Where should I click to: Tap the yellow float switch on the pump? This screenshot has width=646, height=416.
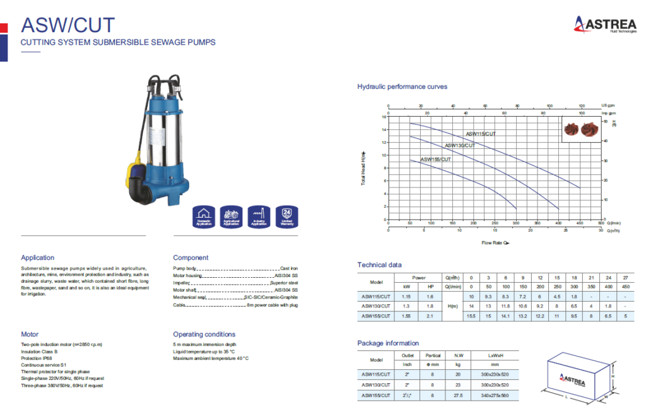coord(135,170)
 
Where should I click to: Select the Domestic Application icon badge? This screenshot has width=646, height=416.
coord(203,216)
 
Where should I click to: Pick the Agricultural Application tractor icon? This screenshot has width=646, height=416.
coord(231,216)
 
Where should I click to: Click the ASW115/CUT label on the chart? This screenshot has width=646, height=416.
coord(481,134)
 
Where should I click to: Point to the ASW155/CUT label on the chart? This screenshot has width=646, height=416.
coord(435,160)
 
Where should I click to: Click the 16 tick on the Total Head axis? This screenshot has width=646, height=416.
coord(384,117)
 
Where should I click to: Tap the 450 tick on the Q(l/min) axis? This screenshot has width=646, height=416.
coord(579,223)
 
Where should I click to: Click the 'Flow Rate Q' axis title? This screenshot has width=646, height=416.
coord(495,242)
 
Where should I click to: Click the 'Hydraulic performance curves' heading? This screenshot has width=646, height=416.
coord(402,86)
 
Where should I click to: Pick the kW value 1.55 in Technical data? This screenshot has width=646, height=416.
coord(407,316)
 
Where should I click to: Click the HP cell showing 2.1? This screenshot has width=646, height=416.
coord(430,316)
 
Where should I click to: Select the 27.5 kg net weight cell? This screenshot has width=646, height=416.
coord(458,395)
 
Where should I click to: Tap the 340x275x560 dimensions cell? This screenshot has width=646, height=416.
coord(495,395)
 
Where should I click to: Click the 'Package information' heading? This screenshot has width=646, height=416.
coord(388,343)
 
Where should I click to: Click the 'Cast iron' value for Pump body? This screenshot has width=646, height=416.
coord(288,268)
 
